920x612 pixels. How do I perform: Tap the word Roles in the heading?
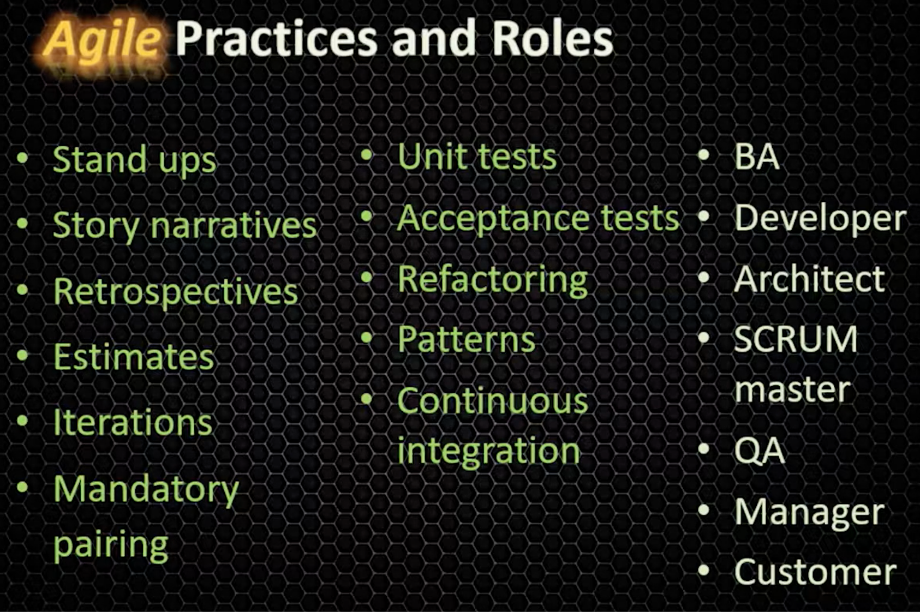point(553,38)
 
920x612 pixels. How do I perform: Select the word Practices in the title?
point(277,38)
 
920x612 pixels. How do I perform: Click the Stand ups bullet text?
point(134,160)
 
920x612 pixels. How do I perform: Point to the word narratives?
point(234,225)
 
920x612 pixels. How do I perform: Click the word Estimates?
point(134,357)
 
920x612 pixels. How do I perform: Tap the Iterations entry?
point(133,422)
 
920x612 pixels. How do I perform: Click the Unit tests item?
point(477,157)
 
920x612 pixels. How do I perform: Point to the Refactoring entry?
point(493,281)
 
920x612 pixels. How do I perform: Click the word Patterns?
point(467,339)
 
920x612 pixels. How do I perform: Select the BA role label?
point(757,157)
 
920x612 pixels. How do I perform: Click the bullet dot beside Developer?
point(704,217)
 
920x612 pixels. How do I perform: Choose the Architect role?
point(810,279)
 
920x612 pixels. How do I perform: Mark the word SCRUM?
point(796,339)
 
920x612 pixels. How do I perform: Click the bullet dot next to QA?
point(704,448)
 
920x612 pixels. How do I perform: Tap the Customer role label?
point(815,572)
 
